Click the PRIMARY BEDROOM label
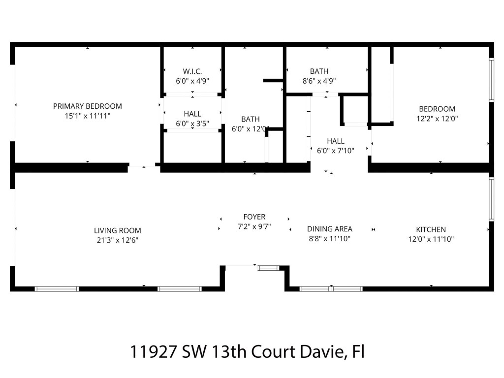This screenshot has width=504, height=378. click(x=87, y=106)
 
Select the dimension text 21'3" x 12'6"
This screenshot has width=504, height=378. click(x=117, y=240)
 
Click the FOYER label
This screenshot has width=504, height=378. click(x=254, y=217)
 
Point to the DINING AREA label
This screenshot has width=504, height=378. click(x=329, y=229)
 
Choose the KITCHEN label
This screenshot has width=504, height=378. click(x=431, y=229)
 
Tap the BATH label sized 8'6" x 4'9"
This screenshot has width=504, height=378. click(x=319, y=71)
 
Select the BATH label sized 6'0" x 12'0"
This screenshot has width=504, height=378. click(x=250, y=119)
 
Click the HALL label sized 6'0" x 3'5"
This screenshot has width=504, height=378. click(x=192, y=114)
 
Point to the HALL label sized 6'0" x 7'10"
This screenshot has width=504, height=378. click(x=335, y=141)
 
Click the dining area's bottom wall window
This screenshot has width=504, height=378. click(x=331, y=288)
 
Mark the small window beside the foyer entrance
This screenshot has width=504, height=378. click(x=268, y=268)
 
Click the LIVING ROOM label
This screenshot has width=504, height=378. click(x=117, y=230)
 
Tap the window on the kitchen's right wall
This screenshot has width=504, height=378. click(x=491, y=198)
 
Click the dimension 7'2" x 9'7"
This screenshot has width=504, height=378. click(x=254, y=226)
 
